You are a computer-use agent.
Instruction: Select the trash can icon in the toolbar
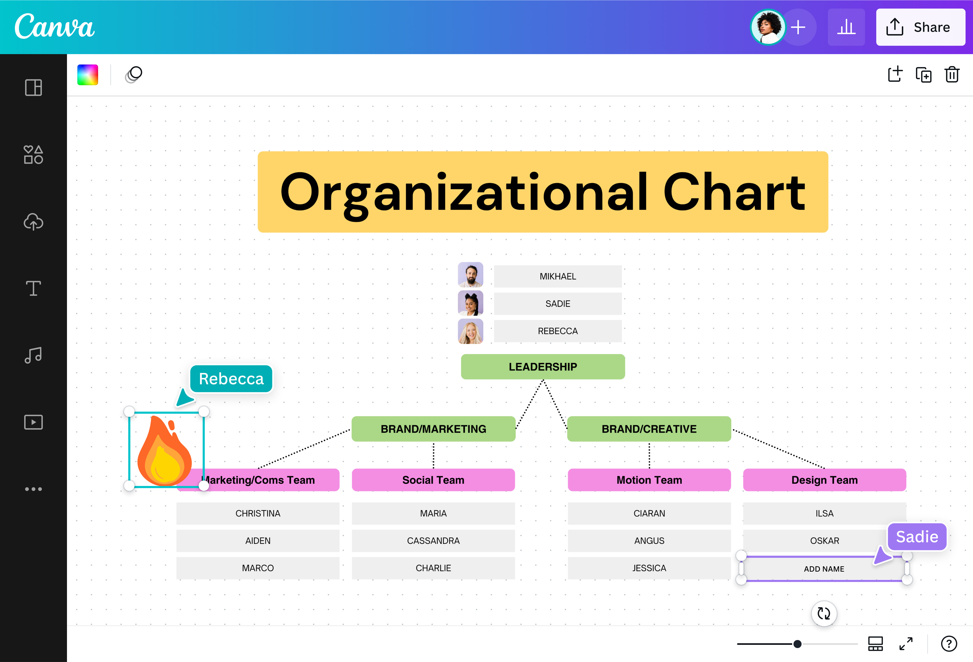pos(952,75)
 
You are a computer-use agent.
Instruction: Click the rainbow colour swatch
pos(87,75)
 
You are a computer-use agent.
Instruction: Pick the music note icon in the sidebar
pos(33,355)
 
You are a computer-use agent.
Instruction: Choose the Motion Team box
pos(649,480)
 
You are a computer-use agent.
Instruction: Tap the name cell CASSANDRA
pos(433,541)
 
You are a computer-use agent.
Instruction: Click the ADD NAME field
pos(824,569)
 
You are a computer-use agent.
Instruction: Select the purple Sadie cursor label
pos(917,537)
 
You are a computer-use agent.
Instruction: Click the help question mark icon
pos(949,644)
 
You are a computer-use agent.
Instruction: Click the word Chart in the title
pos(734,192)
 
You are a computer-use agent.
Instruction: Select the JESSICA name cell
pos(649,568)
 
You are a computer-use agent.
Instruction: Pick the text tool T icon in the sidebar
pos(33,288)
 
